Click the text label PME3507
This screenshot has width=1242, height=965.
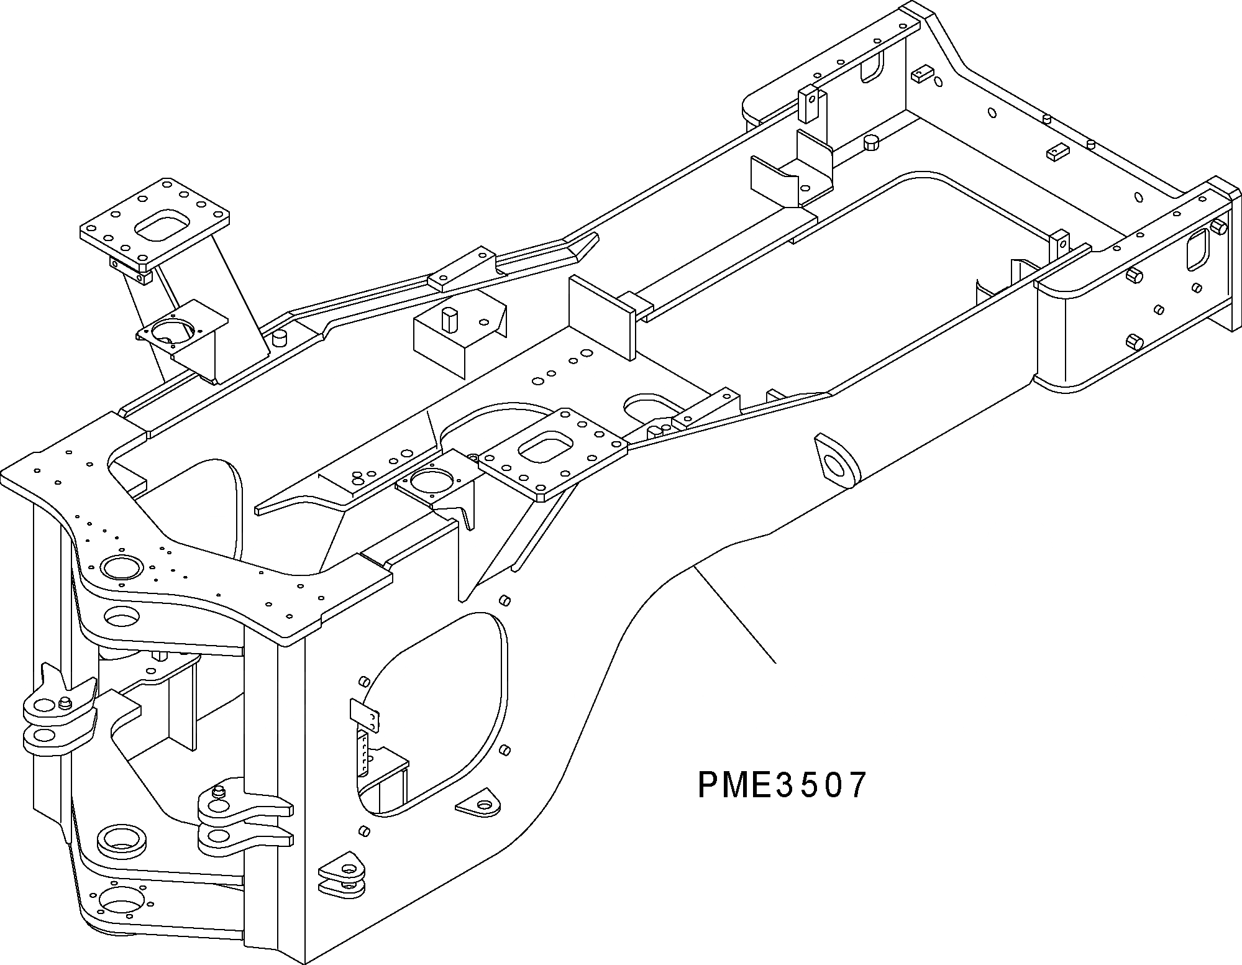(x=782, y=785)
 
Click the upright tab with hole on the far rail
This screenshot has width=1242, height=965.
(x=808, y=104)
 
